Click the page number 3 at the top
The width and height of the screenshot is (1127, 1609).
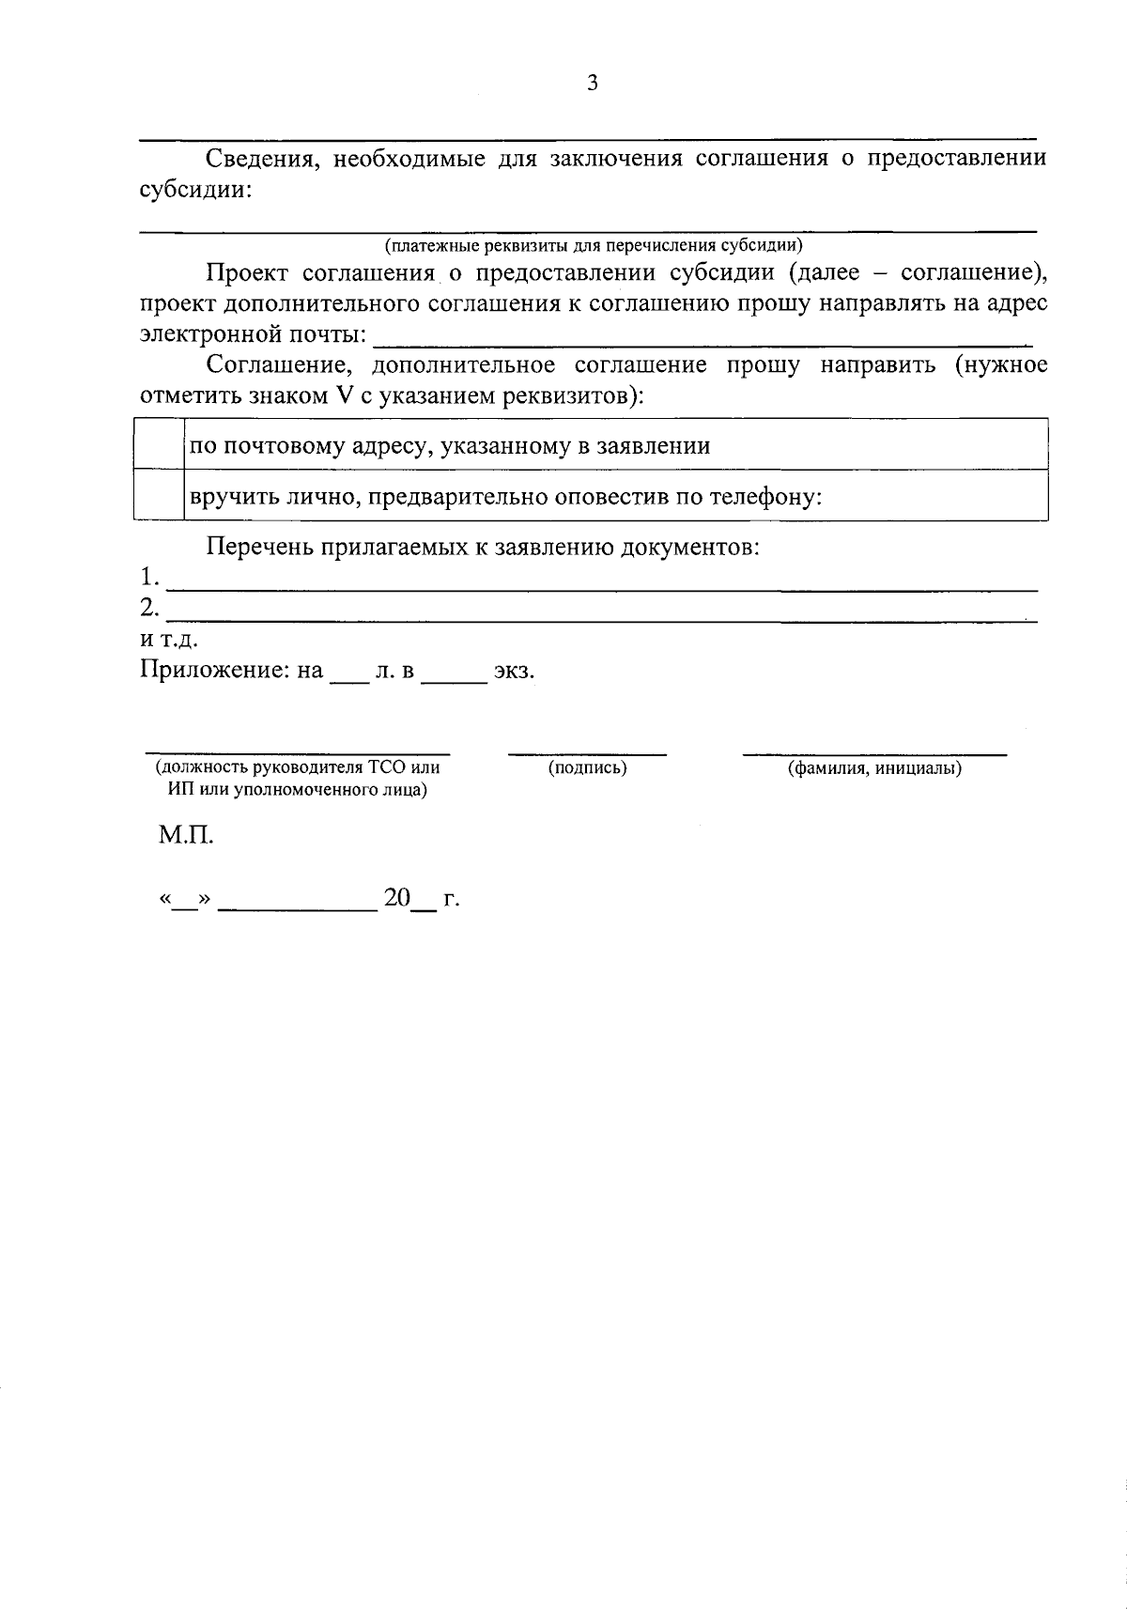click(x=592, y=84)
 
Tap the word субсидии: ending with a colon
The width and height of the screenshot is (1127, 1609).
click(x=196, y=190)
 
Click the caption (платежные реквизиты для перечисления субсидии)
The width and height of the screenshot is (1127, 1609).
click(x=593, y=246)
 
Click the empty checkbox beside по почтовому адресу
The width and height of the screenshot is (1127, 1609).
click(x=158, y=444)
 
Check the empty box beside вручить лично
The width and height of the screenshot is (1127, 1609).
click(x=158, y=495)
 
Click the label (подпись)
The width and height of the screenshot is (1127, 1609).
click(x=587, y=768)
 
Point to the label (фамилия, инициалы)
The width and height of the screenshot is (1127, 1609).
click(x=873, y=768)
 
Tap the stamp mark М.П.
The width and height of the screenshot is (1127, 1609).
click(x=186, y=834)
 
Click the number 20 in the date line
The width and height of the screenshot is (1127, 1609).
click(x=397, y=898)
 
